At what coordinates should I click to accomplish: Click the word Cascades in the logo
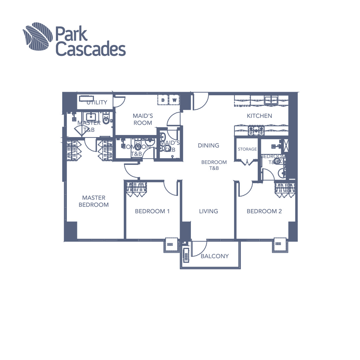(x=91, y=50)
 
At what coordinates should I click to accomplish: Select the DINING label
(x=208, y=145)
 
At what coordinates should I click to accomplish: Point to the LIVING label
(x=209, y=211)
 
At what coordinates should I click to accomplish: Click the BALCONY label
(x=214, y=256)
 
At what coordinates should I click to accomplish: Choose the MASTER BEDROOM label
(x=94, y=201)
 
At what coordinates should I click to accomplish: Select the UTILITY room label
(x=97, y=102)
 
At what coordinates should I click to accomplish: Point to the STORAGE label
(x=247, y=149)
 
